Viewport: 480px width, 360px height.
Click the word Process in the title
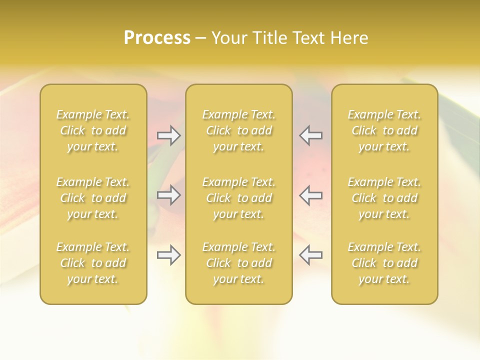coord(157,38)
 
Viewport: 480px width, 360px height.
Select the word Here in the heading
coord(349,38)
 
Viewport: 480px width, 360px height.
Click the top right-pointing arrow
coord(168,135)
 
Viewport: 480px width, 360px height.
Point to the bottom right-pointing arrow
coord(168,255)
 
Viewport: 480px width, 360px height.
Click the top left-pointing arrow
coord(311,135)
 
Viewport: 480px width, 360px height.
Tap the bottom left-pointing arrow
coord(311,255)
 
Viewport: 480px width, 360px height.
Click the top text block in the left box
coord(93,130)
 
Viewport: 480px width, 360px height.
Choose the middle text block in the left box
coord(93,198)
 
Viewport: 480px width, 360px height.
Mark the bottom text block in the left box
coord(93,263)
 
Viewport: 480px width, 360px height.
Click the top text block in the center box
coord(239,130)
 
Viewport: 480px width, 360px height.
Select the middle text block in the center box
coord(239,198)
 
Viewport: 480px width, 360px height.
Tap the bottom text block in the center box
coord(239,263)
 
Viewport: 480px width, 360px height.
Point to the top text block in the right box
coord(384,130)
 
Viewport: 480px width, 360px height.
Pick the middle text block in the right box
coord(384,198)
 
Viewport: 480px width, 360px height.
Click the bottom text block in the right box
coord(384,263)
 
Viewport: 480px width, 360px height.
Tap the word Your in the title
coord(228,38)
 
